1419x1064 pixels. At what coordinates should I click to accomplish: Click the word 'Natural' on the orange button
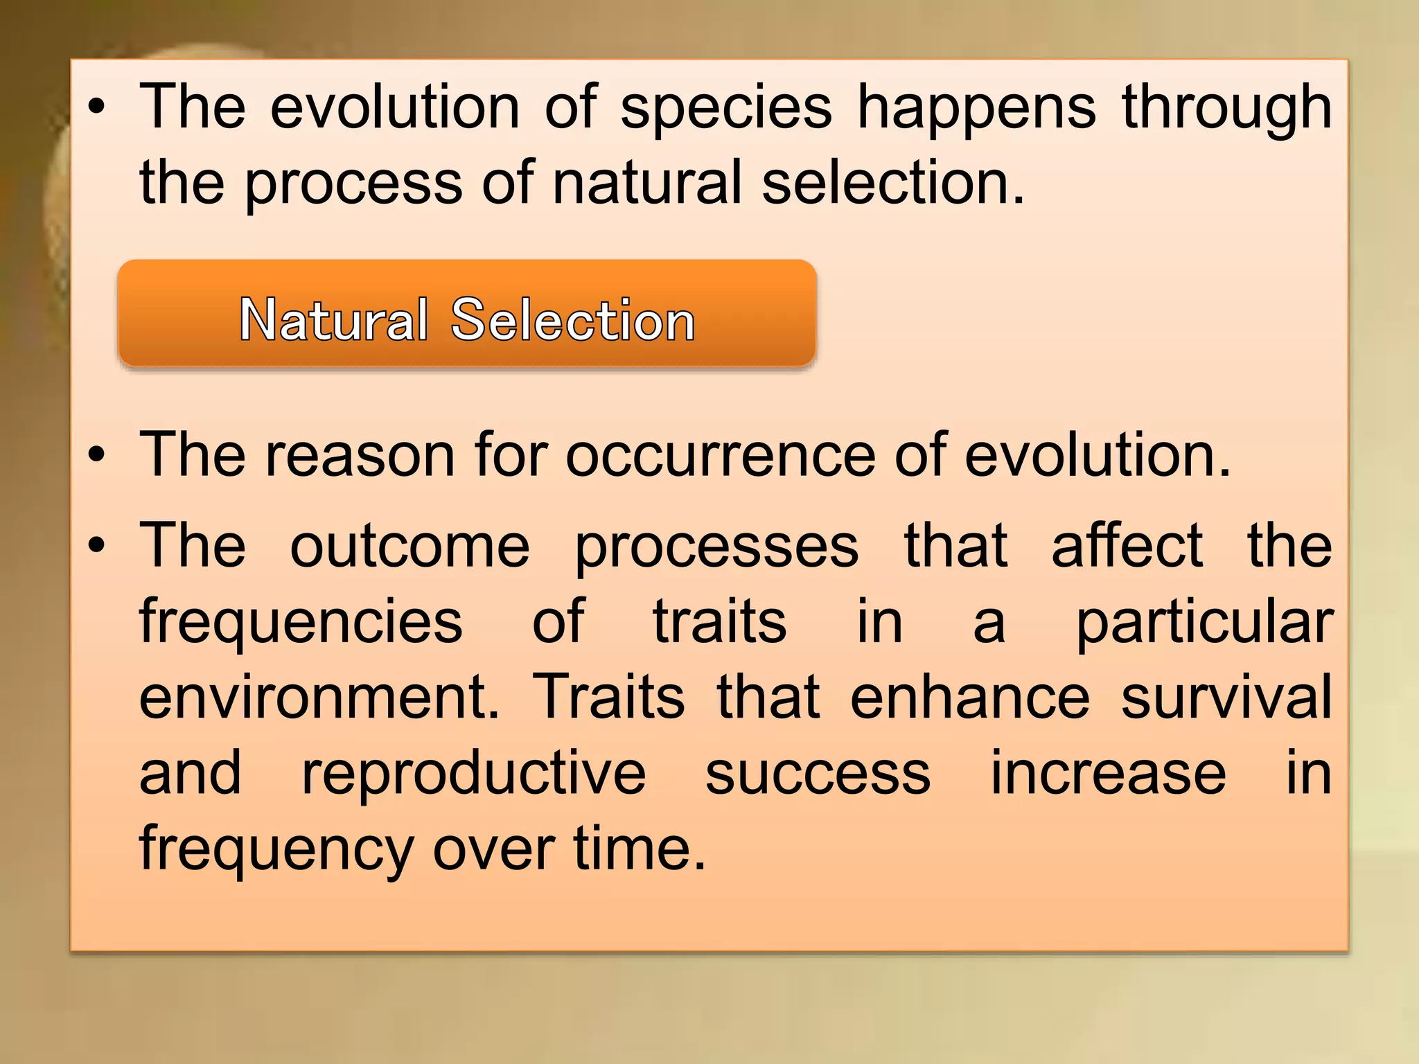point(334,320)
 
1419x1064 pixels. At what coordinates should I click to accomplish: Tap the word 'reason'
point(360,456)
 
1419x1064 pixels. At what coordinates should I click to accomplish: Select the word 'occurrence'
point(721,456)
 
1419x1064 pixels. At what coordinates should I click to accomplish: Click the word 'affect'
point(1127,545)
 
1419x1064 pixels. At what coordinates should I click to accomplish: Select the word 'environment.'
point(319,698)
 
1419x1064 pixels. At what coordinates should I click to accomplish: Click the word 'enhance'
point(970,698)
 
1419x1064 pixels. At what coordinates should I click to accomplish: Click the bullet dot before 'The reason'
point(97,456)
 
